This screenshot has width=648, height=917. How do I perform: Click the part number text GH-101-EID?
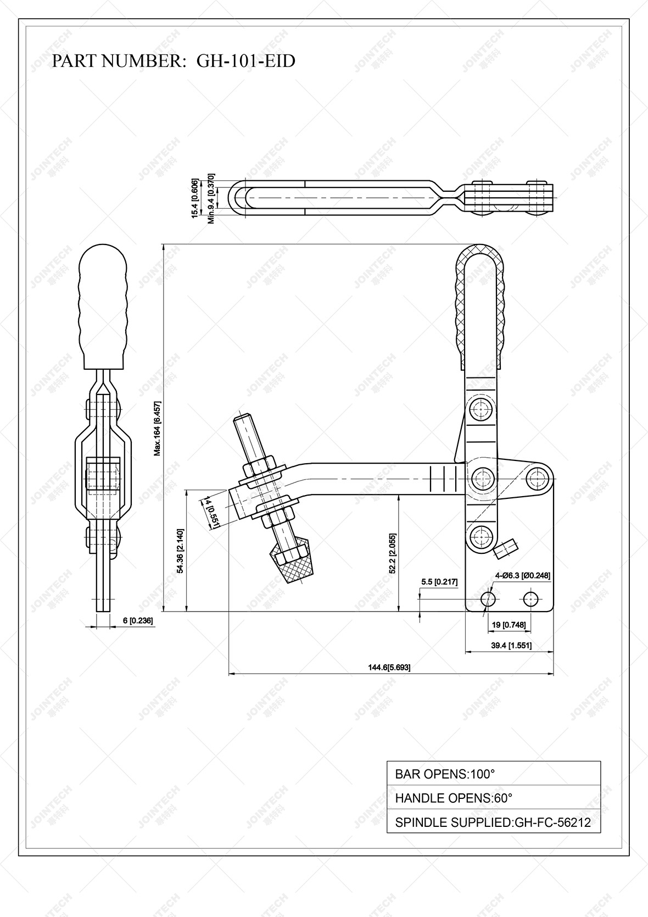point(245,60)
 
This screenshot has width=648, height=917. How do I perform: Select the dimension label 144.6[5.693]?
point(389,667)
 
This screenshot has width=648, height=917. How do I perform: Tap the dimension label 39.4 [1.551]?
point(511,646)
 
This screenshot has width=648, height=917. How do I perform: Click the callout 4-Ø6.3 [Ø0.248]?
point(522,575)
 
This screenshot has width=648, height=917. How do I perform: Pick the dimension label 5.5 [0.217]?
point(439,581)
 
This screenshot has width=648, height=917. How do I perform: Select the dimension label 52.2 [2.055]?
point(392,553)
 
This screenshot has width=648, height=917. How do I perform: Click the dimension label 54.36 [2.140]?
point(180,551)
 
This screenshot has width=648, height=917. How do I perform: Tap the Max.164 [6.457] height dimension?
point(157,429)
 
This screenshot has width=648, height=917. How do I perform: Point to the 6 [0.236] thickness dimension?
point(133,620)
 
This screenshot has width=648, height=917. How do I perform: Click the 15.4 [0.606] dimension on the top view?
point(194,198)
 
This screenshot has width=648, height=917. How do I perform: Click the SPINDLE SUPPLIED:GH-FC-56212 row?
point(493,822)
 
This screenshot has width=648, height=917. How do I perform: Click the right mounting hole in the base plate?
point(530,598)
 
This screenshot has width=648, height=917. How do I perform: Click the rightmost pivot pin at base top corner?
point(537,477)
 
